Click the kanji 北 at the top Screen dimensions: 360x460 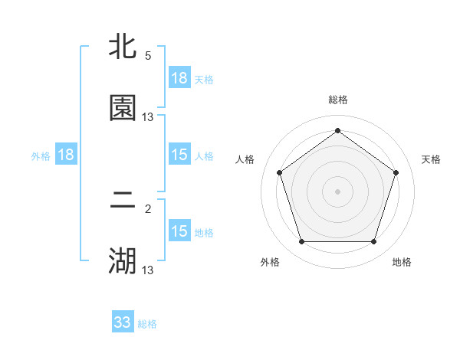[123, 48]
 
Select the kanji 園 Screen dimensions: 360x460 [123, 108]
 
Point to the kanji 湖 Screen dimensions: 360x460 [123, 261]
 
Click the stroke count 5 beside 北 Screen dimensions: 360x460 [148, 56]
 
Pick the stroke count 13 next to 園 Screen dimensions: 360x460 [148, 116]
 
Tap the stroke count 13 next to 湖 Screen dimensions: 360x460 [148, 270]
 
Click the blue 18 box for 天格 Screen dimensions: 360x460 [179, 78]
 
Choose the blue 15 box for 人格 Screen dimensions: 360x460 [179, 155]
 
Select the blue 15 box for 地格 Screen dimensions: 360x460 [179, 231]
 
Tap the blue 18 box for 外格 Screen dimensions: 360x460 [66, 155]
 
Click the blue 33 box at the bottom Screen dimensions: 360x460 [123, 322]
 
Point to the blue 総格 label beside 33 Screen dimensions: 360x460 [148, 324]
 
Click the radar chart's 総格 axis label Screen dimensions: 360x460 [337, 100]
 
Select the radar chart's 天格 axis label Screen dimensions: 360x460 [431, 159]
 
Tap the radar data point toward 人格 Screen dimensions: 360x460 [280, 172]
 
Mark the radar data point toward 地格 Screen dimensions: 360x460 [373, 241]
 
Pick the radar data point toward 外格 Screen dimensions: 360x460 [301, 241]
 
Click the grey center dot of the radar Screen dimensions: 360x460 [337, 191]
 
